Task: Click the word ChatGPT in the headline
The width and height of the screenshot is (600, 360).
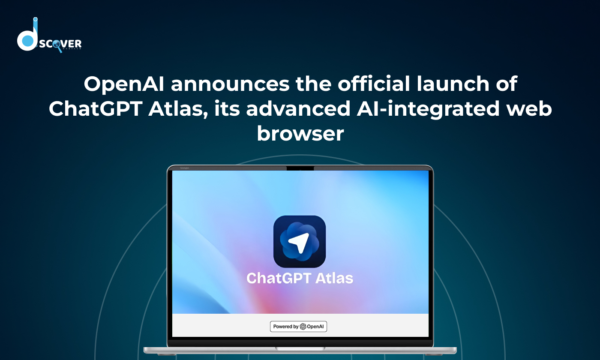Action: (95, 108)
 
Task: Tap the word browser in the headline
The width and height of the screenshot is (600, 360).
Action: (300, 133)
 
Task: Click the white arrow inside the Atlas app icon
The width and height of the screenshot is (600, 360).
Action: (298, 243)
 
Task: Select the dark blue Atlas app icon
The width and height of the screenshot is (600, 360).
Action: (300, 242)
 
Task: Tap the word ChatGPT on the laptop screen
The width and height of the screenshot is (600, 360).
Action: (279, 278)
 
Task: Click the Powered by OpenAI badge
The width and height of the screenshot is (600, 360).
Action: (298, 326)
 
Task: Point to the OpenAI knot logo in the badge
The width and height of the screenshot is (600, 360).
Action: (303, 326)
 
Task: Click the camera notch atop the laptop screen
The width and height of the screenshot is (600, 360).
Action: (300, 168)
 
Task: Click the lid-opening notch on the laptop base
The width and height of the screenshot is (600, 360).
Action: (300, 348)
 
